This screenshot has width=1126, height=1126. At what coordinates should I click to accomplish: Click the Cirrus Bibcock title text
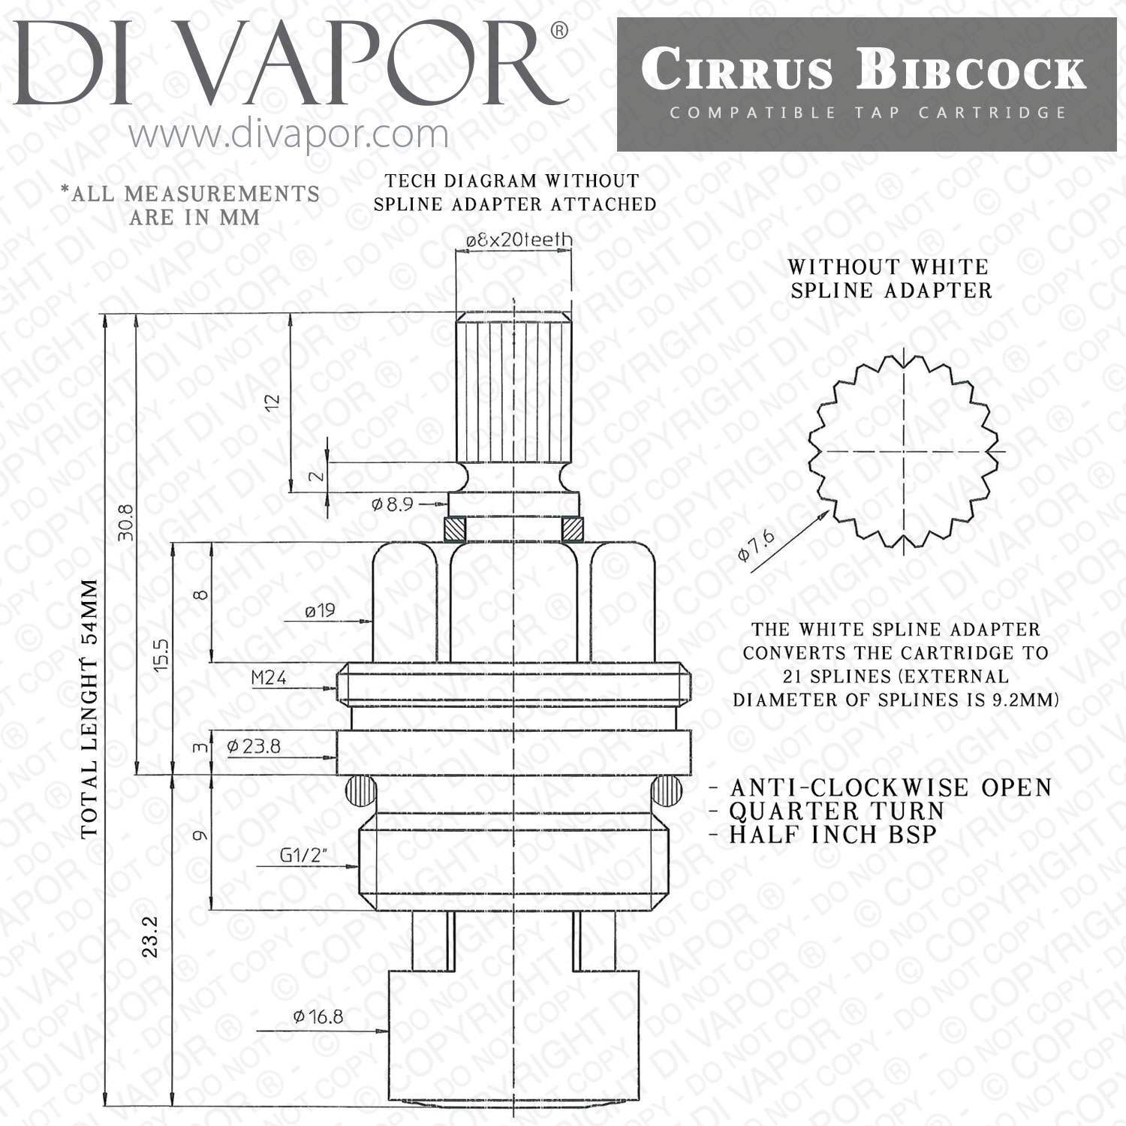[863, 71]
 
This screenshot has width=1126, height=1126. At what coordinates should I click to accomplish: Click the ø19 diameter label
[320, 610]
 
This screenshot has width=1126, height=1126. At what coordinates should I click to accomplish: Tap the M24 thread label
[269, 678]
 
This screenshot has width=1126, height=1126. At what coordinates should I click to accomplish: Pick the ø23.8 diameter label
[254, 746]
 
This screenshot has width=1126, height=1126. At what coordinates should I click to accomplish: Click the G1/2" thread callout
[303, 855]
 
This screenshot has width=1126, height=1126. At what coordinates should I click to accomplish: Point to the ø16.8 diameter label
[318, 1016]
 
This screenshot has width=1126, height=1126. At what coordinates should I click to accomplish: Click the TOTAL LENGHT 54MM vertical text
[89, 709]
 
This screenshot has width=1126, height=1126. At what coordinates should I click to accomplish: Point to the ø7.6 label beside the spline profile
[756, 545]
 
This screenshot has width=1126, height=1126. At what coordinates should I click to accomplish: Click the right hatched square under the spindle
[574, 529]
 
